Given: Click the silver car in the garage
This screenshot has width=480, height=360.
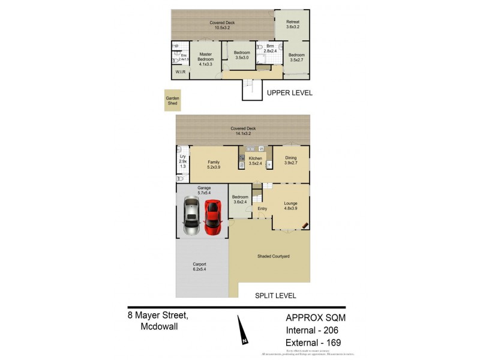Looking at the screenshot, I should click(x=191, y=217).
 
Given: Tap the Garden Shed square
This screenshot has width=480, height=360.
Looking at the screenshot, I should click(x=173, y=101).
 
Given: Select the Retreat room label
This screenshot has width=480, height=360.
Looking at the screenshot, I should click(x=292, y=25).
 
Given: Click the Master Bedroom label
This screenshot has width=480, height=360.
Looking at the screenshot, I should click(x=206, y=58).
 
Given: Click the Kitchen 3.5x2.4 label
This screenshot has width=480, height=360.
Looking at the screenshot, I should click(x=256, y=160).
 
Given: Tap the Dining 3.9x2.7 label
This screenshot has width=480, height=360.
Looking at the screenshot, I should click(x=291, y=160).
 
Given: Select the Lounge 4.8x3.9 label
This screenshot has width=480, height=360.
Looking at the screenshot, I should click(x=290, y=206).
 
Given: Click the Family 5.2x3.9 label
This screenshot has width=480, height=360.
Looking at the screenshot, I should click(x=214, y=164).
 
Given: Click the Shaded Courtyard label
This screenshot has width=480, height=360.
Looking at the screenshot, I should click(x=274, y=256).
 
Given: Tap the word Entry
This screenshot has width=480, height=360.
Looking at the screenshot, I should click(x=262, y=209).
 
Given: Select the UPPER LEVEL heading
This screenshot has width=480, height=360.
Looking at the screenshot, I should click(x=289, y=93).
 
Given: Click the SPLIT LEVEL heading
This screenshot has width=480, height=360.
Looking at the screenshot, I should click(x=275, y=296).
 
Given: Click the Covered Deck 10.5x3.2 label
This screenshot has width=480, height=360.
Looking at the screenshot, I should click(x=222, y=25).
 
